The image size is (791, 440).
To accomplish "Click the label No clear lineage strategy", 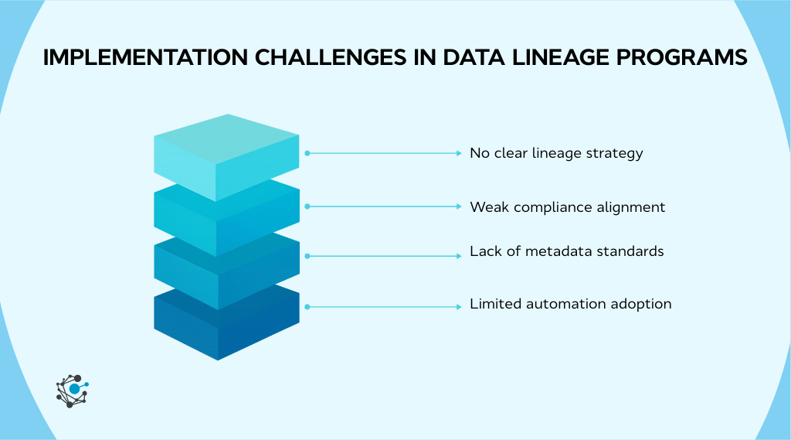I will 556,153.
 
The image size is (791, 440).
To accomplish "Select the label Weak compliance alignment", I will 567,207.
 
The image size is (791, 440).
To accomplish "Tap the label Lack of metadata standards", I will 566,251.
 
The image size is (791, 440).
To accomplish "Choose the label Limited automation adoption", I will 570,304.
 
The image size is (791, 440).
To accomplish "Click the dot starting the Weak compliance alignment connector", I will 307,206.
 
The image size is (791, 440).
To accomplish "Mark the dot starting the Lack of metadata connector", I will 307,255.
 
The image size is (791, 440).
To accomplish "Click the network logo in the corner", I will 73,390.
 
